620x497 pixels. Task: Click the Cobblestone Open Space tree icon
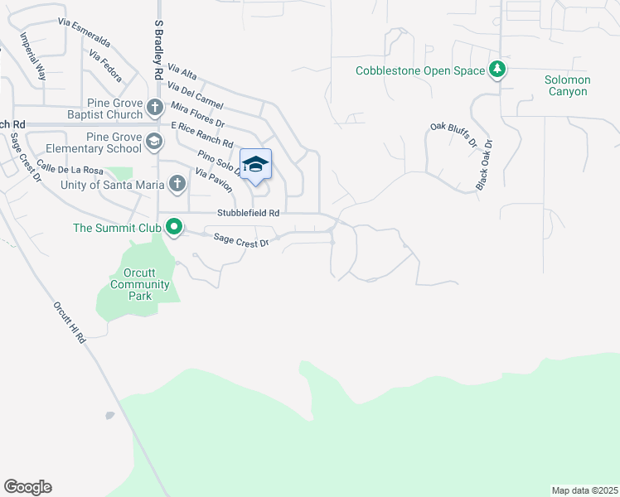click(497, 70)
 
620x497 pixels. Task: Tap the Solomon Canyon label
click(567, 85)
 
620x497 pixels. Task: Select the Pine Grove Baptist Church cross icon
click(154, 108)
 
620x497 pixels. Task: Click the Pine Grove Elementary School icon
click(154, 142)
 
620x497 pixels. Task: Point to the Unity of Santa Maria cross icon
click(177, 184)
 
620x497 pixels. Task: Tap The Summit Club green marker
click(174, 227)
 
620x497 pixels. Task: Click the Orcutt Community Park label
click(140, 284)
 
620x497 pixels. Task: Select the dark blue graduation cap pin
click(256, 164)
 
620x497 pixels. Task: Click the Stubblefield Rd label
click(248, 213)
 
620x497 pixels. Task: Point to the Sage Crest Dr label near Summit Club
click(241, 240)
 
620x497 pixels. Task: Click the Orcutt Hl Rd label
click(70, 322)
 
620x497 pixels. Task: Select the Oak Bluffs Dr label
click(453, 136)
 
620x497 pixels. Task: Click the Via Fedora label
click(104, 67)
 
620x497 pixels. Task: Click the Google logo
click(27, 487)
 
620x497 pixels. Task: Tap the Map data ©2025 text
click(584, 490)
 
